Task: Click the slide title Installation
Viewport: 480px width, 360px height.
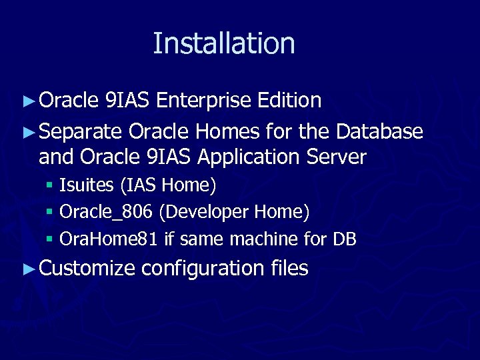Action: [224, 43]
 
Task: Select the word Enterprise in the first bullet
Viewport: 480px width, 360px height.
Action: [203, 101]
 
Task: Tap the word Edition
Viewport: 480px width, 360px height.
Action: [289, 101]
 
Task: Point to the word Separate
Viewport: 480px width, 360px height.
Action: [81, 132]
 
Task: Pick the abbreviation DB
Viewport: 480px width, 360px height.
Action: [344, 239]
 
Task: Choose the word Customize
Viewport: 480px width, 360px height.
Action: [87, 269]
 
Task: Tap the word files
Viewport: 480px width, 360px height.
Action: [290, 269]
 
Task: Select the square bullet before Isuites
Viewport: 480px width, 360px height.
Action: [50, 185]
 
